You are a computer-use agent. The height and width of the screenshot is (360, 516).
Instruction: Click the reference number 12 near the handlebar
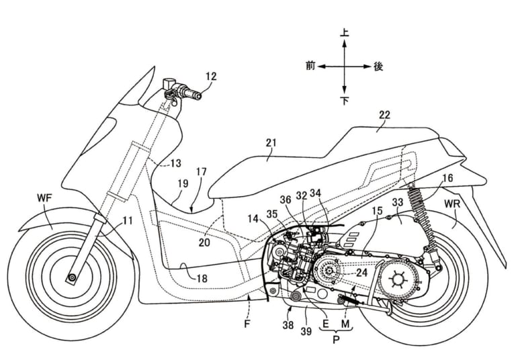[211, 77]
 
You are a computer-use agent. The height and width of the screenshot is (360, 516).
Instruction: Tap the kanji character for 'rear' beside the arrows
[378, 66]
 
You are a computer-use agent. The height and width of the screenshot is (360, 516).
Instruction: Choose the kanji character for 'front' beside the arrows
[310, 66]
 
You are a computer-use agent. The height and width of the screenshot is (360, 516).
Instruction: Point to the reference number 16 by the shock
[447, 179]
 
